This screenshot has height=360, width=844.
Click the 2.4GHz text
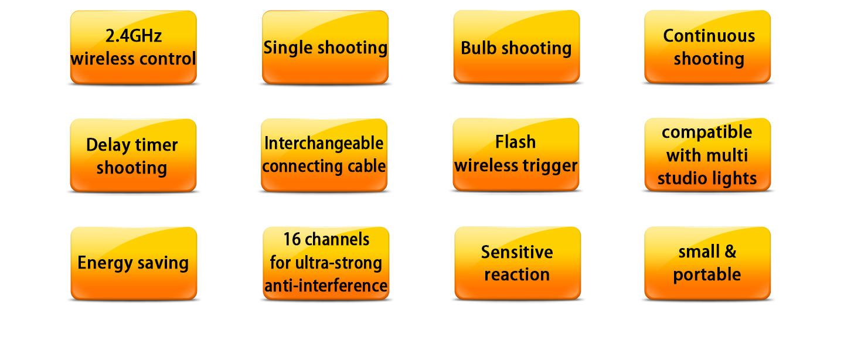point(133,36)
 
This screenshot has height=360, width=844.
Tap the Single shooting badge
point(325,47)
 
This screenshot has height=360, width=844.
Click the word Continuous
point(709,36)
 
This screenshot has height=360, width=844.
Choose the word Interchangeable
point(324,144)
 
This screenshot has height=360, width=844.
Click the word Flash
point(515,142)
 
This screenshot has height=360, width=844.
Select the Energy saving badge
point(134,263)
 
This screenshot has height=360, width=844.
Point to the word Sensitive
point(516,252)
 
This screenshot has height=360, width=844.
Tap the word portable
point(707,275)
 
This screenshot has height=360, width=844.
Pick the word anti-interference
point(326,286)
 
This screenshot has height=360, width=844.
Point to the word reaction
point(516,275)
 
